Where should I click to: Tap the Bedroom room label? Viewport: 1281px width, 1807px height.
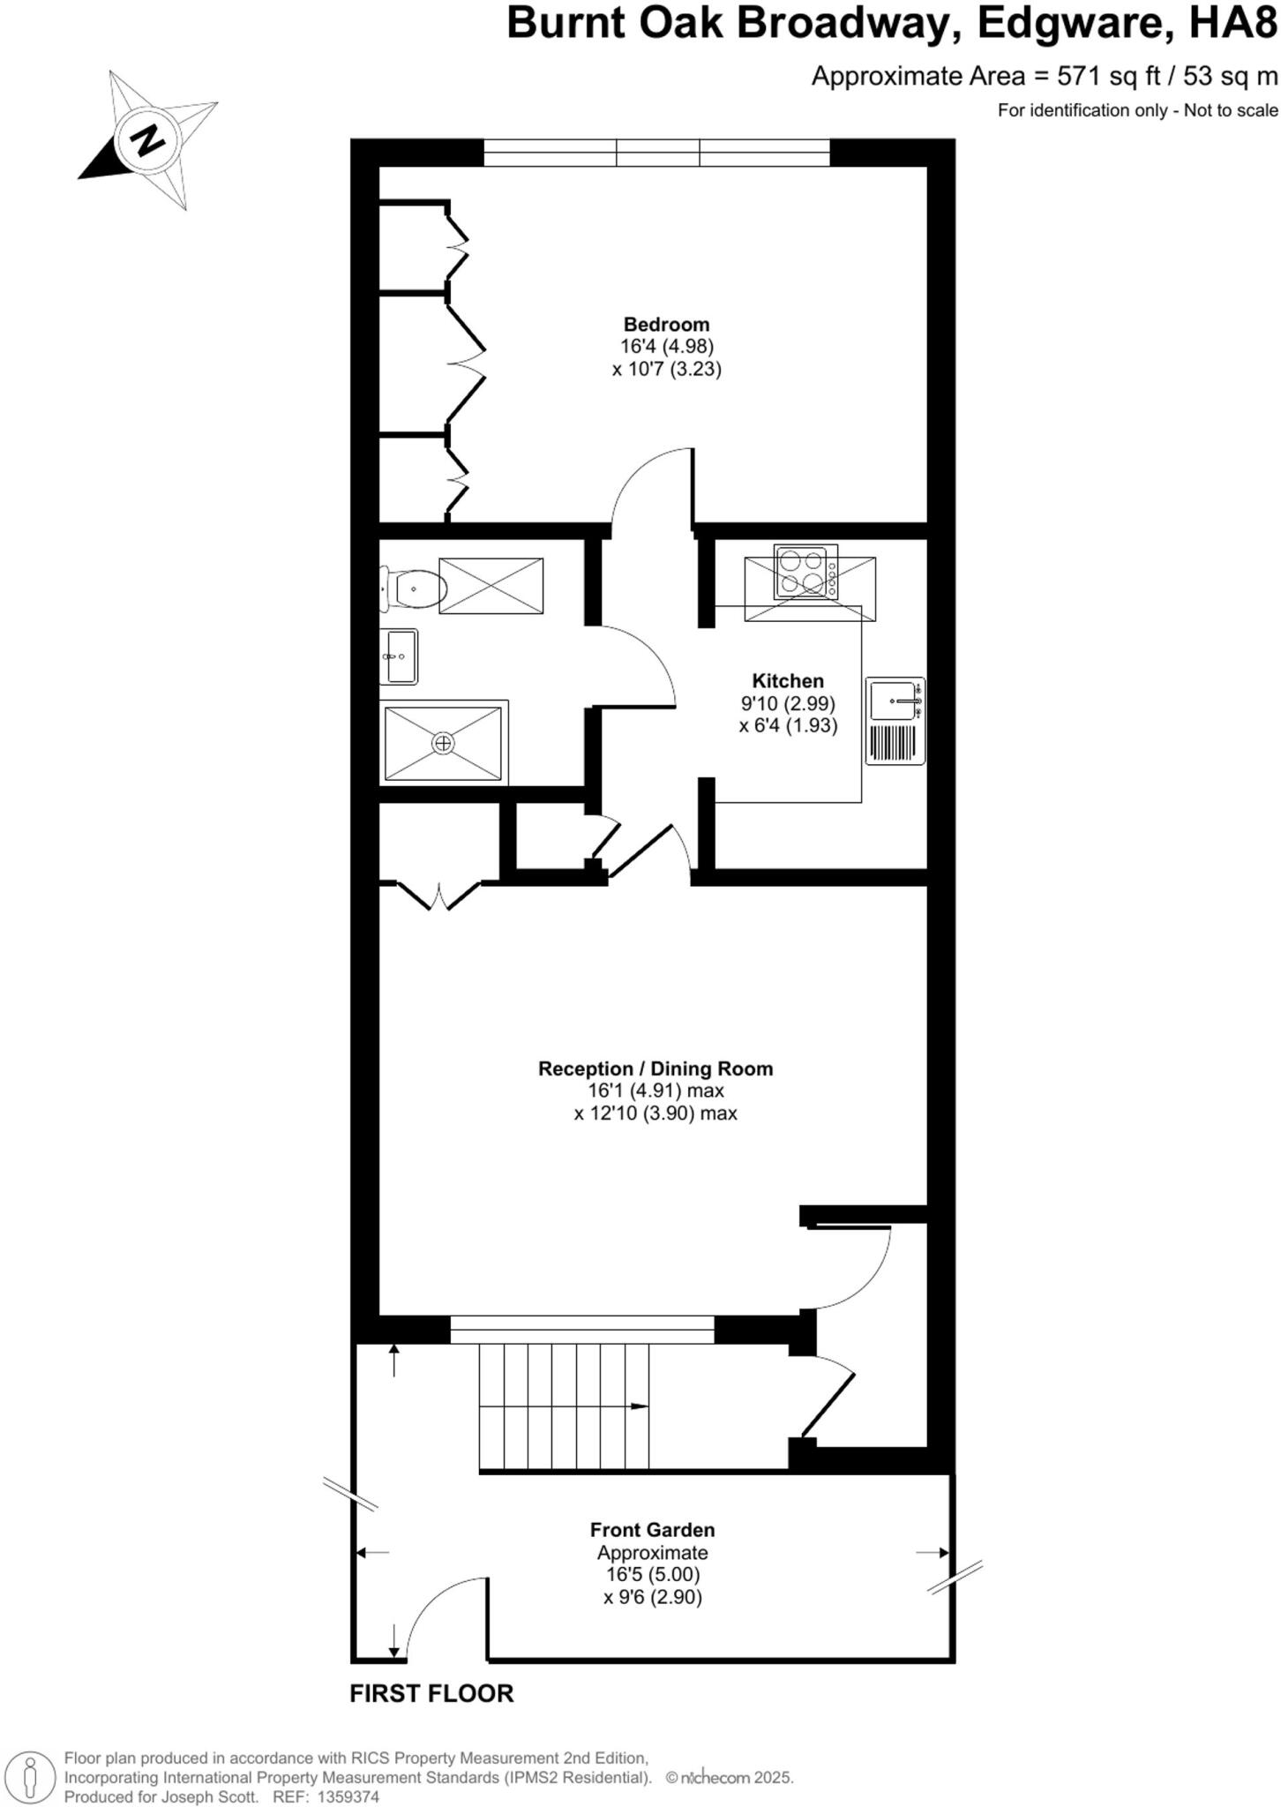666,324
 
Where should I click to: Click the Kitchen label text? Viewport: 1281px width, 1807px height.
788,680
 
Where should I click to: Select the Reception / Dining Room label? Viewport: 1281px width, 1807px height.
655,1068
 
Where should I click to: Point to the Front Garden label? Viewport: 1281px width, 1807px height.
652,1529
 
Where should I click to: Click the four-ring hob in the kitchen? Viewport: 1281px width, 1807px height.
805,572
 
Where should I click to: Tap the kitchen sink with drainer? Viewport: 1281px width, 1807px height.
895,720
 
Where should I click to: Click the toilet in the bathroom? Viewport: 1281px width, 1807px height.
413,589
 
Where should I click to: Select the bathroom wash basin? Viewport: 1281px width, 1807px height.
399,656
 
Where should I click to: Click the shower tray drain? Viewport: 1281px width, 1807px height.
443,743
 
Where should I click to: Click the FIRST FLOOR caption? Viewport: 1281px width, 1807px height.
431,1693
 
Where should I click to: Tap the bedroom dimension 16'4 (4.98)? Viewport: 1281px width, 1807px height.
666,347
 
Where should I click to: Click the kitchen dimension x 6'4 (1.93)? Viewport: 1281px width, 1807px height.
788,726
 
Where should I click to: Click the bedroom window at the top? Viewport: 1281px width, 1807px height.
657,153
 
